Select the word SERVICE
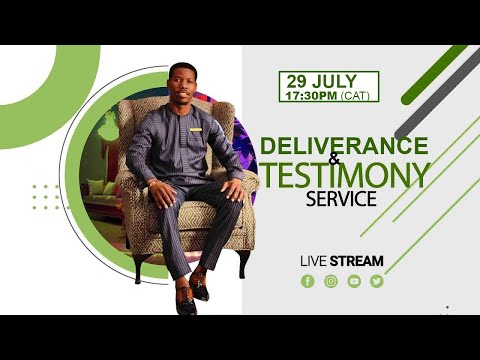[x=342, y=198]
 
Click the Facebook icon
[x=308, y=281]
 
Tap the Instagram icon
[x=331, y=281]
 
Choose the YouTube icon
[x=354, y=281]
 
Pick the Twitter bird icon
[x=377, y=281]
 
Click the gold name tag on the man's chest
[x=196, y=127]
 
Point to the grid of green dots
[x=46, y=196]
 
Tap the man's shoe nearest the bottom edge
[x=186, y=300]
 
